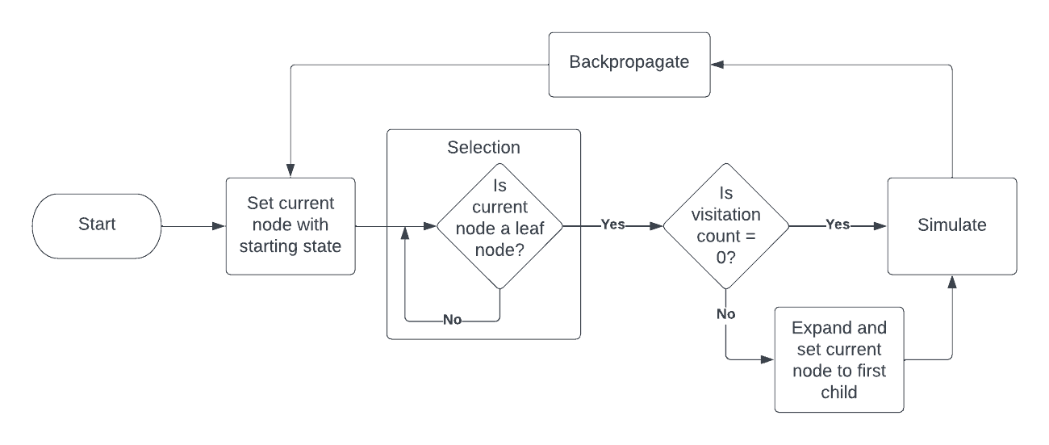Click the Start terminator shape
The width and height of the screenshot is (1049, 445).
pos(97,225)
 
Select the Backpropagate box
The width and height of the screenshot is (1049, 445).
pos(629,64)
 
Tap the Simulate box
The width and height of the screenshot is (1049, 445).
pos(951,226)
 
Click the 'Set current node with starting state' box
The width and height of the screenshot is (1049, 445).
pos(290,225)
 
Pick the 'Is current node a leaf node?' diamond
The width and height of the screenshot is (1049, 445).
pos(499,227)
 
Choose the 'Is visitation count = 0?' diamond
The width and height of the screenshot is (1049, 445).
pos(725,225)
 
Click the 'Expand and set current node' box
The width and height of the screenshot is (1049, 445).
pos(838,359)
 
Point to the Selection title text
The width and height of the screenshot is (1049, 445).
pos(483,147)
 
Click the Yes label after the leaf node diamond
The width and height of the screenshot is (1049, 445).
pos(612,225)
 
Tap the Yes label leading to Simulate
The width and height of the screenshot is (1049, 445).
pos(838,225)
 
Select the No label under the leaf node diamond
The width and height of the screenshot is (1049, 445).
pos(453,320)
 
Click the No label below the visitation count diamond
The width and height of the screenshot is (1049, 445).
pos(725,313)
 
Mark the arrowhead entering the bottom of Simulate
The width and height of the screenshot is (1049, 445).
pos(952,280)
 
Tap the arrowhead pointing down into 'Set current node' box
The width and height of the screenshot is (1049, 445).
pos(290,172)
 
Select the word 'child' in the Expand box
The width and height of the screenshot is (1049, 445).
pos(838,392)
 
